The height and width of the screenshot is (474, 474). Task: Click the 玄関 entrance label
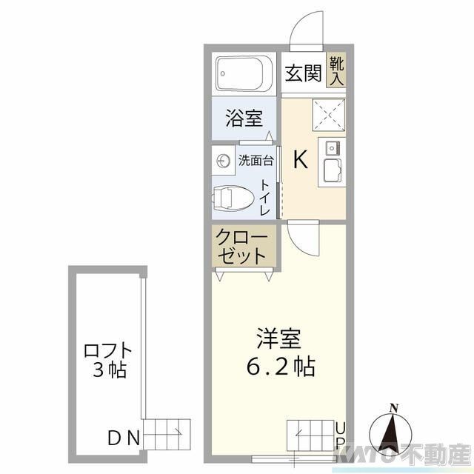(304, 74)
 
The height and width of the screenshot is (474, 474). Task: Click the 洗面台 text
(256, 160)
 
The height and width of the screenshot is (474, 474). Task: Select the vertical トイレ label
(266, 197)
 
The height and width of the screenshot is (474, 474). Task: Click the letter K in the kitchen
(301, 159)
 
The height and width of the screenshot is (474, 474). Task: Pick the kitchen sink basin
(330, 173)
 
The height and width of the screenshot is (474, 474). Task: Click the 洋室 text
(279, 341)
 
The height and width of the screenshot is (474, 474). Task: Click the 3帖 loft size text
(108, 369)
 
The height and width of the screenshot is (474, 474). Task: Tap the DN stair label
(124, 438)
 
